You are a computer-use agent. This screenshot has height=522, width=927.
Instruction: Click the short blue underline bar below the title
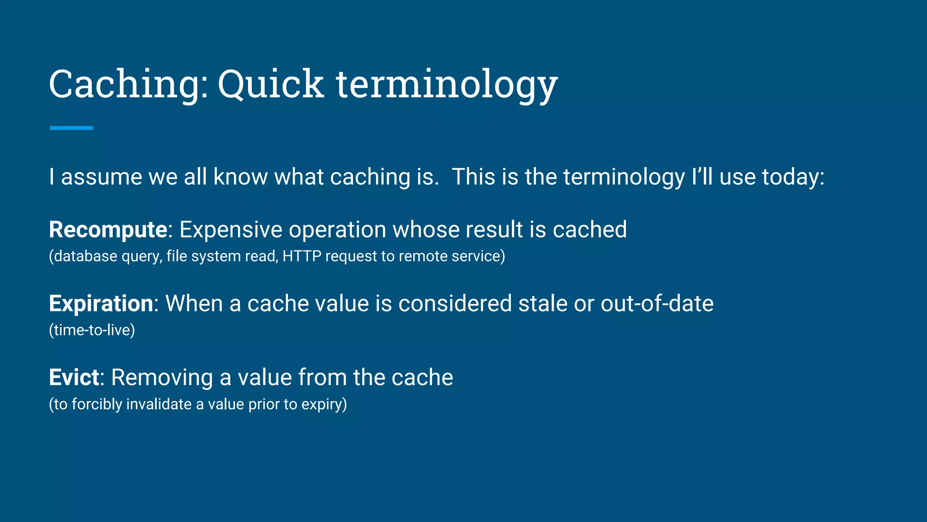click(72, 128)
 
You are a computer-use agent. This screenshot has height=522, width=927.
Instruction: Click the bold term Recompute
click(108, 230)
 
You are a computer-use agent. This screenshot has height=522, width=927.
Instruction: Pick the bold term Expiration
click(101, 304)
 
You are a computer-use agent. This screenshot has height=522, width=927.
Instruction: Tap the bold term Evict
click(74, 377)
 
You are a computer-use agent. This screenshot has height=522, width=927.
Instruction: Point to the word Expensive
click(231, 230)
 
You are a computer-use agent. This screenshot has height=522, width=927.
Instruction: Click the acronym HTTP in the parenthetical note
click(301, 256)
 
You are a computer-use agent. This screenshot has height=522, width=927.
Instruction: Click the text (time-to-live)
click(92, 330)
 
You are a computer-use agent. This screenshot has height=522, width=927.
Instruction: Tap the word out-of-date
click(657, 304)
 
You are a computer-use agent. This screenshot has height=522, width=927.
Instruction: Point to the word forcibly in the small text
click(97, 404)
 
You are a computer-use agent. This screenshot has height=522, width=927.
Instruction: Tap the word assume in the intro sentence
click(101, 177)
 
